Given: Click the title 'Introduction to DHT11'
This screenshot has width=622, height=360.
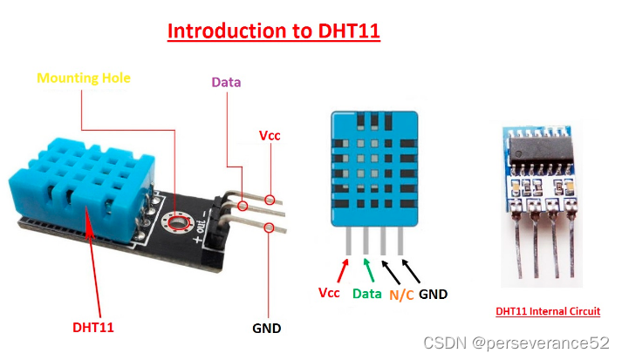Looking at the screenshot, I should pyautogui.click(x=273, y=32).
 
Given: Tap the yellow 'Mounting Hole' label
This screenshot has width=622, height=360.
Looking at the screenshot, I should pyautogui.click(x=84, y=78).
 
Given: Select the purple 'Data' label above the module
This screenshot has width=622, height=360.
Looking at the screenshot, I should pyautogui.click(x=226, y=83).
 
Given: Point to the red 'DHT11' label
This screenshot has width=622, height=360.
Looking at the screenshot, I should pyautogui.click(x=93, y=328).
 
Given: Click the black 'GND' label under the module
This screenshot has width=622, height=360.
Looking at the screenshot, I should pyautogui.click(x=266, y=329).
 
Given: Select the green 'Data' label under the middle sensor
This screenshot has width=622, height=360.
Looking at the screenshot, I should pyautogui.click(x=367, y=294).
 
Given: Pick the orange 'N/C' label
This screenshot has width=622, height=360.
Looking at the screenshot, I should pyautogui.click(x=401, y=295).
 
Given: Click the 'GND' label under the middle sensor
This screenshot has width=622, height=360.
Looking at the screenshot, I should pyautogui.click(x=433, y=294).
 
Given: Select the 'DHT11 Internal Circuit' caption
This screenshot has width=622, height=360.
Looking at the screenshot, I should pyautogui.click(x=548, y=311).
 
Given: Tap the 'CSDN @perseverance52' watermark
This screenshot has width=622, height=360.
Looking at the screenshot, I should pyautogui.click(x=516, y=343).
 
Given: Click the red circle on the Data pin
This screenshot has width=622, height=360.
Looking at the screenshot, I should pyautogui.click(x=242, y=207).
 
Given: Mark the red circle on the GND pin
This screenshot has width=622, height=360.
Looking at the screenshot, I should pyautogui.click(x=269, y=228).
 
